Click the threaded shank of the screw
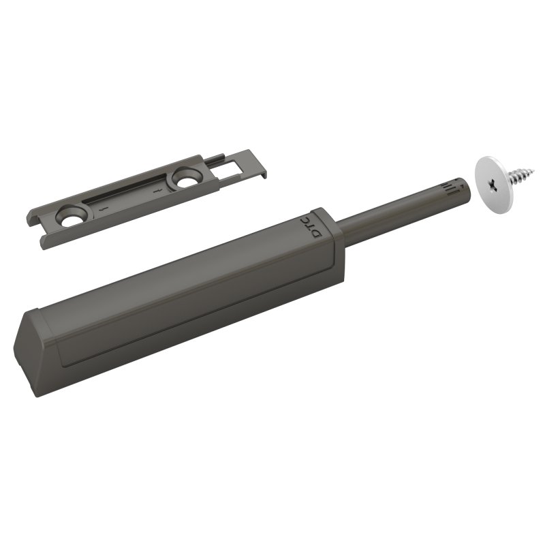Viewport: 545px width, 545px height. [521, 175]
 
